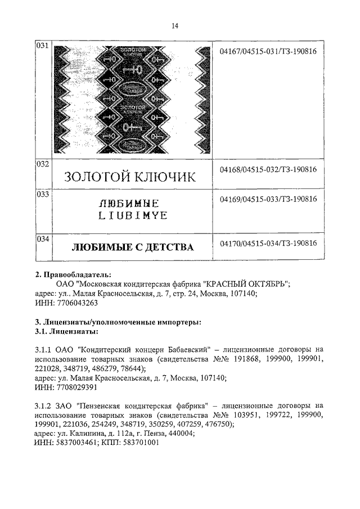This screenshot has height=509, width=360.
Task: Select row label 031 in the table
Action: click(x=43, y=46)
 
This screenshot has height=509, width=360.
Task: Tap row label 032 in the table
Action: click(x=43, y=164)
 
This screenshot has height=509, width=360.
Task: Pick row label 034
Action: click(x=43, y=239)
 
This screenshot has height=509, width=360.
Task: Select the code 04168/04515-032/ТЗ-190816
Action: click(x=268, y=169)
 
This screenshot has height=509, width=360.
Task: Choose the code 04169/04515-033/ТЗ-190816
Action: click(x=268, y=199)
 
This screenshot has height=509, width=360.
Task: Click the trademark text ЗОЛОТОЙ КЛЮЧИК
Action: click(x=130, y=177)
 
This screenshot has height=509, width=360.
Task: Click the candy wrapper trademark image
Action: click(x=130, y=100)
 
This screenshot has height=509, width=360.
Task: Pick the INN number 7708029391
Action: click(x=74, y=388)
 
